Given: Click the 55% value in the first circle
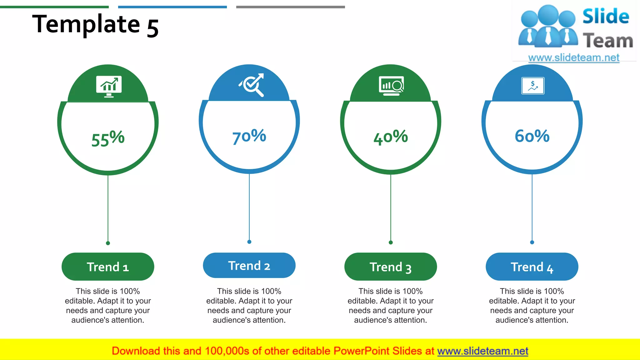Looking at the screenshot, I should (x=108, y=138).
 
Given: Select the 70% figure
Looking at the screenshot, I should (x=249, y=136).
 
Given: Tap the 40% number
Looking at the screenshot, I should (x=391, y=137).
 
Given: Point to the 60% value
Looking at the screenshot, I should (x=532, y=136).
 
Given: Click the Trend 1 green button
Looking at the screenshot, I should (x=108, y=267).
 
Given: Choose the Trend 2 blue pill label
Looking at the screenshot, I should (x=249, y=265).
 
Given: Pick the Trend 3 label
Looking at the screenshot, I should (x=391, y=267).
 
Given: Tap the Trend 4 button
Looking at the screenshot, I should (x=532, y=267).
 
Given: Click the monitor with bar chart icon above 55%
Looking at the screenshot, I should (x=109, y=86).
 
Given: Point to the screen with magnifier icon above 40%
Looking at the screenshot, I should (x=391, y=85).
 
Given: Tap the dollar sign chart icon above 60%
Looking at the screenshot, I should (x=533, y=86).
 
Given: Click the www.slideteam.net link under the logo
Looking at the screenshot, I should (x=574, y=57).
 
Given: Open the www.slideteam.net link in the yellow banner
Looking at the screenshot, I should (x=482, y=351).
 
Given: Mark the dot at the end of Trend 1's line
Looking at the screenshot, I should (x=108, y=243).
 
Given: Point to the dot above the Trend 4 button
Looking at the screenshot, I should (x=532, y=242).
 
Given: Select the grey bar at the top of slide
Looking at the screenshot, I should (x=290, y=7).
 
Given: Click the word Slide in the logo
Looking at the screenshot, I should (x=606, y=16).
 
